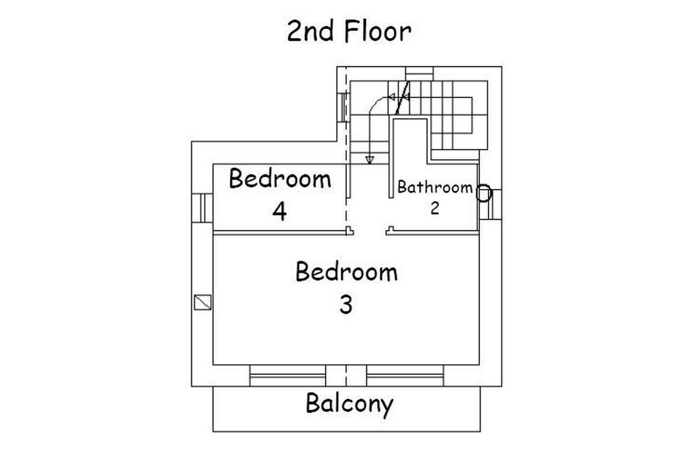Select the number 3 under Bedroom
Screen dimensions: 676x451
click(346, 305)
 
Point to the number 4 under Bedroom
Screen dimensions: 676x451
click(279, 211)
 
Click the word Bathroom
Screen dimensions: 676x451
click(435, 187)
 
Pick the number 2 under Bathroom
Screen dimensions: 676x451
click(435, 208)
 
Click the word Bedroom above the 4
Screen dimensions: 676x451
click(280, 179)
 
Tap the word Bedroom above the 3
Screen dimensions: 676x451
click(346, 272)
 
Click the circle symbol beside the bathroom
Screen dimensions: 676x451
click(484, 193)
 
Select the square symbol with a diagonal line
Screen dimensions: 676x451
click(202, 303)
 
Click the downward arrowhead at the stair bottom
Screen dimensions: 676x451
click(370, 160)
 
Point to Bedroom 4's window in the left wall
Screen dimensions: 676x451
click(202, 208)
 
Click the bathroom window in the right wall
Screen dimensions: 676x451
click(491, 204)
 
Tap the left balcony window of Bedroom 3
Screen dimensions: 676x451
click(288, 375)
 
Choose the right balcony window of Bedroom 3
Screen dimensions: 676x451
click(405, 375)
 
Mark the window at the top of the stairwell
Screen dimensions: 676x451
click(420, 73)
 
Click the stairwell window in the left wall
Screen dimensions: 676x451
click(343, 108)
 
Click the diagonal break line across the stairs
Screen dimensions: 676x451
click(402, 98)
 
